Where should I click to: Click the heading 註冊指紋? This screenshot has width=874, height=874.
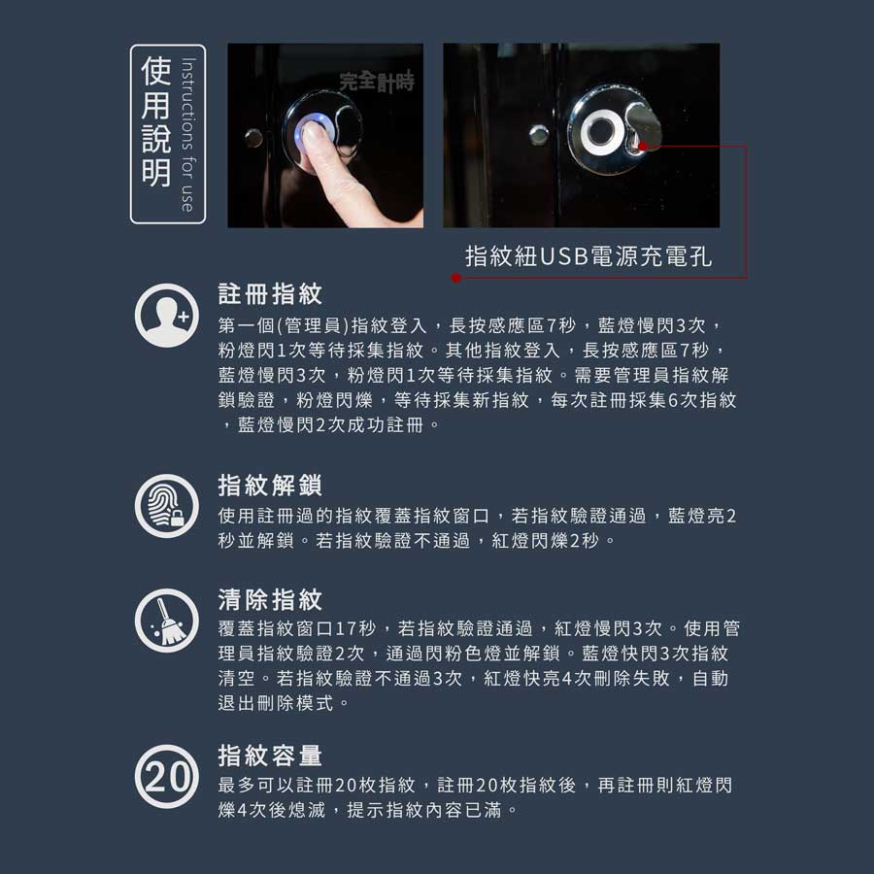tap(270, 293)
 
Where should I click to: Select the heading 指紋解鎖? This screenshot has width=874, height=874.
tap(270, 485)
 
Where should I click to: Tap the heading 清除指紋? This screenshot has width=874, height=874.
tap(270, 600)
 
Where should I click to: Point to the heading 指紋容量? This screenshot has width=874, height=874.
tap(270, 756)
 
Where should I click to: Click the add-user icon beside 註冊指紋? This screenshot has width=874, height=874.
tap(167, 316)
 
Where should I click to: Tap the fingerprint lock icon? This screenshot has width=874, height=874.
tap(167, 506)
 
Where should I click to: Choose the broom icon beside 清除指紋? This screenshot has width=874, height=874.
tap(167, 621)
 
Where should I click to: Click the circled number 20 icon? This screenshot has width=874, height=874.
tap(167, 777)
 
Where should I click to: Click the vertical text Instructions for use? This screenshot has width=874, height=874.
tap(187, 134)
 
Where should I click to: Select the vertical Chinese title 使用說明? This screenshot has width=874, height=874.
tap(155, 121)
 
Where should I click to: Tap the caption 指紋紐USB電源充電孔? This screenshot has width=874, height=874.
tap(588, 256)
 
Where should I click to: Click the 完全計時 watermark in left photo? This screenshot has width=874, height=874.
tap(377, 82)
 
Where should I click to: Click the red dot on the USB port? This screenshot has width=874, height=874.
tap(643, 147)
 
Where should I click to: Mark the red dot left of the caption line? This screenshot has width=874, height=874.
tap(456, 278)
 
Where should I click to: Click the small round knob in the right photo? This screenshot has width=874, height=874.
tap(539, 135)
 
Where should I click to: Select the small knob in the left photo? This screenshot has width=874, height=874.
tap(253, 137)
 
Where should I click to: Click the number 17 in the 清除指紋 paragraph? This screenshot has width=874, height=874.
tap(346, 628)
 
